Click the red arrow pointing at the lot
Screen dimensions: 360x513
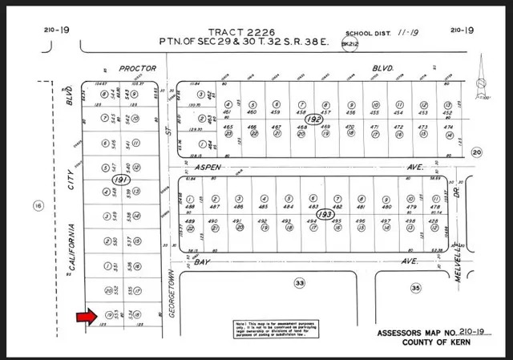[x=84, y=318]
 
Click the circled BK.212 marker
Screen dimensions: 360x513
[x=348, y=44]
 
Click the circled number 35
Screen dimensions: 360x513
[x=415, y=286]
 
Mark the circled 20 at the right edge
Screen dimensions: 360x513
[x=478, y=152]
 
